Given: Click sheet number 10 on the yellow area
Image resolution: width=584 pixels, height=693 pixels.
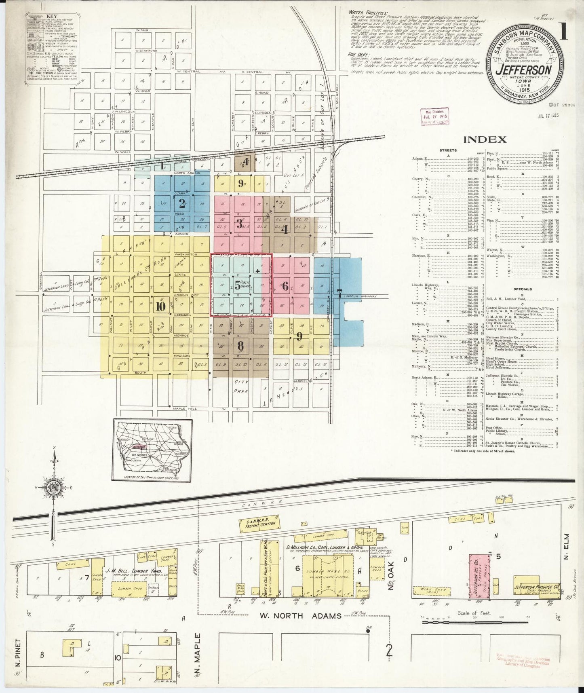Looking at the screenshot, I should tap(160, 306).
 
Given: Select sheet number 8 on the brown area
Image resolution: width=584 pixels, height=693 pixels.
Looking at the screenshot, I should tap(240, 346).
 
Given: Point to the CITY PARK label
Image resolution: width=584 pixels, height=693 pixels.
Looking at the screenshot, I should tap(241, 386).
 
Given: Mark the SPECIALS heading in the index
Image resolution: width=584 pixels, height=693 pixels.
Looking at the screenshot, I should tap(523, 289).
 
